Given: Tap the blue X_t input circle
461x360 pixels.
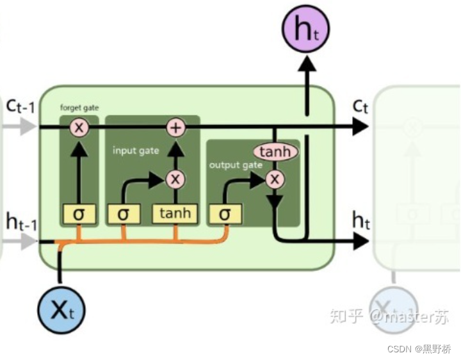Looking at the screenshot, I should pyautogui.click(x=60, y=311).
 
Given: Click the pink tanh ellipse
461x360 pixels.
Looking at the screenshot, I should pyautogui.click(x=276, y=152).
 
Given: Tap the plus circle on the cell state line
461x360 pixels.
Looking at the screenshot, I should pyautogui.click(x=175, y=127).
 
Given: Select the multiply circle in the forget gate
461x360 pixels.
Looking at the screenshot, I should pyautogui.click(x=79, y=127).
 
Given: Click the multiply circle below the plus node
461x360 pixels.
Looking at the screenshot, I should pyautogui.click(x=175, y=179).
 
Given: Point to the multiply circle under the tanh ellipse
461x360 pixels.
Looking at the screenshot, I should pyautogui.click(x=275, y=179).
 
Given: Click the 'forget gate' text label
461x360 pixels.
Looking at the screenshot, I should pyautogui.click(x=79, y=108).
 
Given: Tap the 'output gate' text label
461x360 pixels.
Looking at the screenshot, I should pyautogui.click(x=236, y=165).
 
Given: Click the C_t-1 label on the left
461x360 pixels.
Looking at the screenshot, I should pyautogui.click(x=20, y=106).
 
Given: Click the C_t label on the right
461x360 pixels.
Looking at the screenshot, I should pyautogui.click(x=360, y=106).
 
